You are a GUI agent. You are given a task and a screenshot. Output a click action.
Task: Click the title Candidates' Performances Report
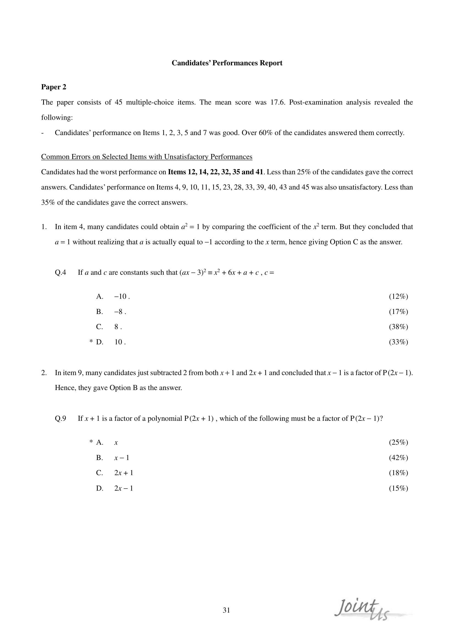(x=227, y=63)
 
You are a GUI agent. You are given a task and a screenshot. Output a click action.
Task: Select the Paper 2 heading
(x=54, y=87)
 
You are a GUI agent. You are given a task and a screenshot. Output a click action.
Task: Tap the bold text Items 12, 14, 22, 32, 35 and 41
(x=215, y=172)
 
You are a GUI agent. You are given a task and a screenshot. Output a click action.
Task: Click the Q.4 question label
(x=60, y=272)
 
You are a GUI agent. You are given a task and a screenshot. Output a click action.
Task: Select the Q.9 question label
(x=60, y=418)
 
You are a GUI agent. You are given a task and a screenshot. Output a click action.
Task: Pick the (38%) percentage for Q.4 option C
(x=398, y=327)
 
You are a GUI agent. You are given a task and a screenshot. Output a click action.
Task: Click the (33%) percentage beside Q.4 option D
(x=398, y=342)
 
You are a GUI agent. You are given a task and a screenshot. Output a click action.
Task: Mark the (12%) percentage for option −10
(x=398, y=296)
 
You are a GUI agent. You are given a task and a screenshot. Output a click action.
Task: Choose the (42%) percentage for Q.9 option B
(x=398, y=458)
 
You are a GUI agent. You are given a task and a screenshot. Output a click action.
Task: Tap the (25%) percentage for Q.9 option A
(x=398, y=442)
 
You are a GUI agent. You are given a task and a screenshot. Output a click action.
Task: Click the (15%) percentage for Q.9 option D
(x=398, y=488)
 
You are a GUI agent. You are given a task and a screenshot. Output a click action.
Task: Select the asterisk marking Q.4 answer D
(x=91, y=341)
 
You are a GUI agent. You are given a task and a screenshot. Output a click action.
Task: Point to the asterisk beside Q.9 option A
(x=91, y=442)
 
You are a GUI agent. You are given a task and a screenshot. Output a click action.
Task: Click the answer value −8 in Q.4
(x=119, y=312)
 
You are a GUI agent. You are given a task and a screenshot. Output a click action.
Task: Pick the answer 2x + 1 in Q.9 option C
(x=124, y=473)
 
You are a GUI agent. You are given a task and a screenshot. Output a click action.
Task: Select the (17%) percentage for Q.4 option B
(x=398, y=312)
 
